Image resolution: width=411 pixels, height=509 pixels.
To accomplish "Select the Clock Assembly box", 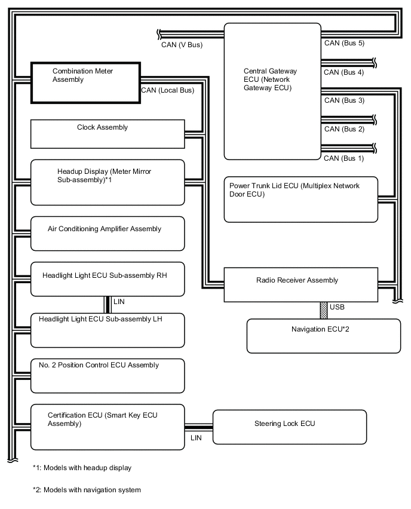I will (107, 134).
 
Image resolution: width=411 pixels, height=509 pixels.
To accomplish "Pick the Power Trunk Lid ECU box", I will (300, 198).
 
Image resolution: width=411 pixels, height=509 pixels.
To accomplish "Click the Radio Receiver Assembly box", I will (300, 284).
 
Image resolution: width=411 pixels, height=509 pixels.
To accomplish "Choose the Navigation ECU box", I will (323, 336).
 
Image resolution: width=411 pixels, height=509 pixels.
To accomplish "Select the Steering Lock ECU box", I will (290, 427).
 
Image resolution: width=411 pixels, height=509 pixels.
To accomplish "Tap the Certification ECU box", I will (107, 427).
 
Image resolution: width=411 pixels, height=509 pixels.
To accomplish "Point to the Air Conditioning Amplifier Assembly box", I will (107, 234).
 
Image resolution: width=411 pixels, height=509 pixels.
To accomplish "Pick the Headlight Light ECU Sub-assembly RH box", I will (107, 279).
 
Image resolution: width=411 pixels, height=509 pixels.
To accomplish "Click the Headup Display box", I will (107, 182).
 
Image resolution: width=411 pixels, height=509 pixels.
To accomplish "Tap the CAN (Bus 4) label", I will (343, 72).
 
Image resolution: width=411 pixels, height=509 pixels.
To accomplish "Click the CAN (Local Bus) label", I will (168, 91).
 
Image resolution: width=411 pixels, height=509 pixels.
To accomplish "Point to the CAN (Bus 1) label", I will (343, 158).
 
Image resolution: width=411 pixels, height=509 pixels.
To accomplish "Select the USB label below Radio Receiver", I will (337, 307).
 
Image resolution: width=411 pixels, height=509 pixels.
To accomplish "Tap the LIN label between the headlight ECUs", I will (119, 302).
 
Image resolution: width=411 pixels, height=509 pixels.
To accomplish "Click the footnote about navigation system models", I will (87, 490).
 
